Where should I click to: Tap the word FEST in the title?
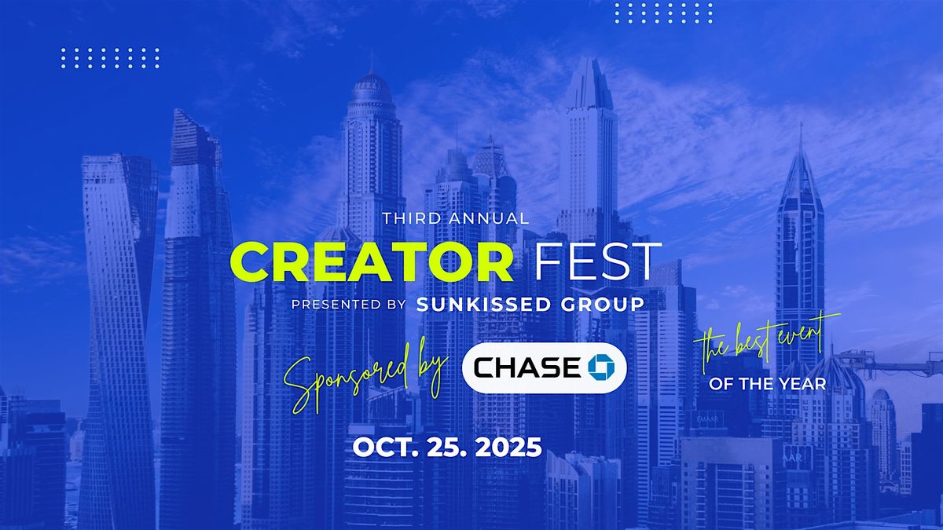coord(598,261)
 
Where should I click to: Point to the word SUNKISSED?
coord(483,305)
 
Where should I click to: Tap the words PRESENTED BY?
coord(349,304)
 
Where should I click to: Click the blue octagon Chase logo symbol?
coord(601,367)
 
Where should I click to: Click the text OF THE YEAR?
coord(768,384)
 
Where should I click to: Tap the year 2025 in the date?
coord(508,447)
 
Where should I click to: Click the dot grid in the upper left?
coord(110,58)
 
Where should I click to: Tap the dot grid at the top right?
coord(664,13)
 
